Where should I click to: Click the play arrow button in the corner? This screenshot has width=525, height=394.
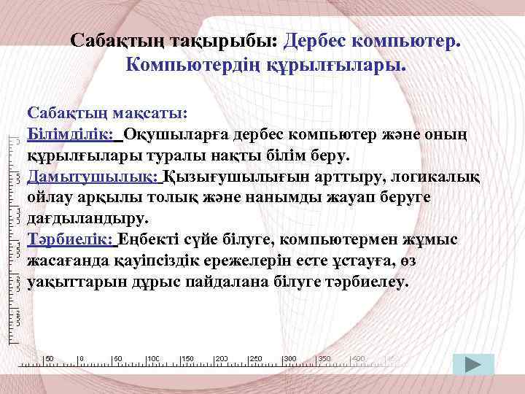coord(472,365)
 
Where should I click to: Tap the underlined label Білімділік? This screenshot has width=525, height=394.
coord(70,135)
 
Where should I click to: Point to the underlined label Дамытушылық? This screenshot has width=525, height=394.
coord(92,177)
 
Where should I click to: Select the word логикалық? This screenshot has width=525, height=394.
coord(431,177)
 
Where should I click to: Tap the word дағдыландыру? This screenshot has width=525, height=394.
coord(87,218)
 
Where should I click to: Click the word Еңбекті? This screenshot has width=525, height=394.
coord(147,239)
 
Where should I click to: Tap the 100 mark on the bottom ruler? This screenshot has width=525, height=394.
coord(153,359)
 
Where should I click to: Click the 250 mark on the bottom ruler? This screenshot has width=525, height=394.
coord(256,359)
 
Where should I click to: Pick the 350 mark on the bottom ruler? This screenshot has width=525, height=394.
coord(324,359)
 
